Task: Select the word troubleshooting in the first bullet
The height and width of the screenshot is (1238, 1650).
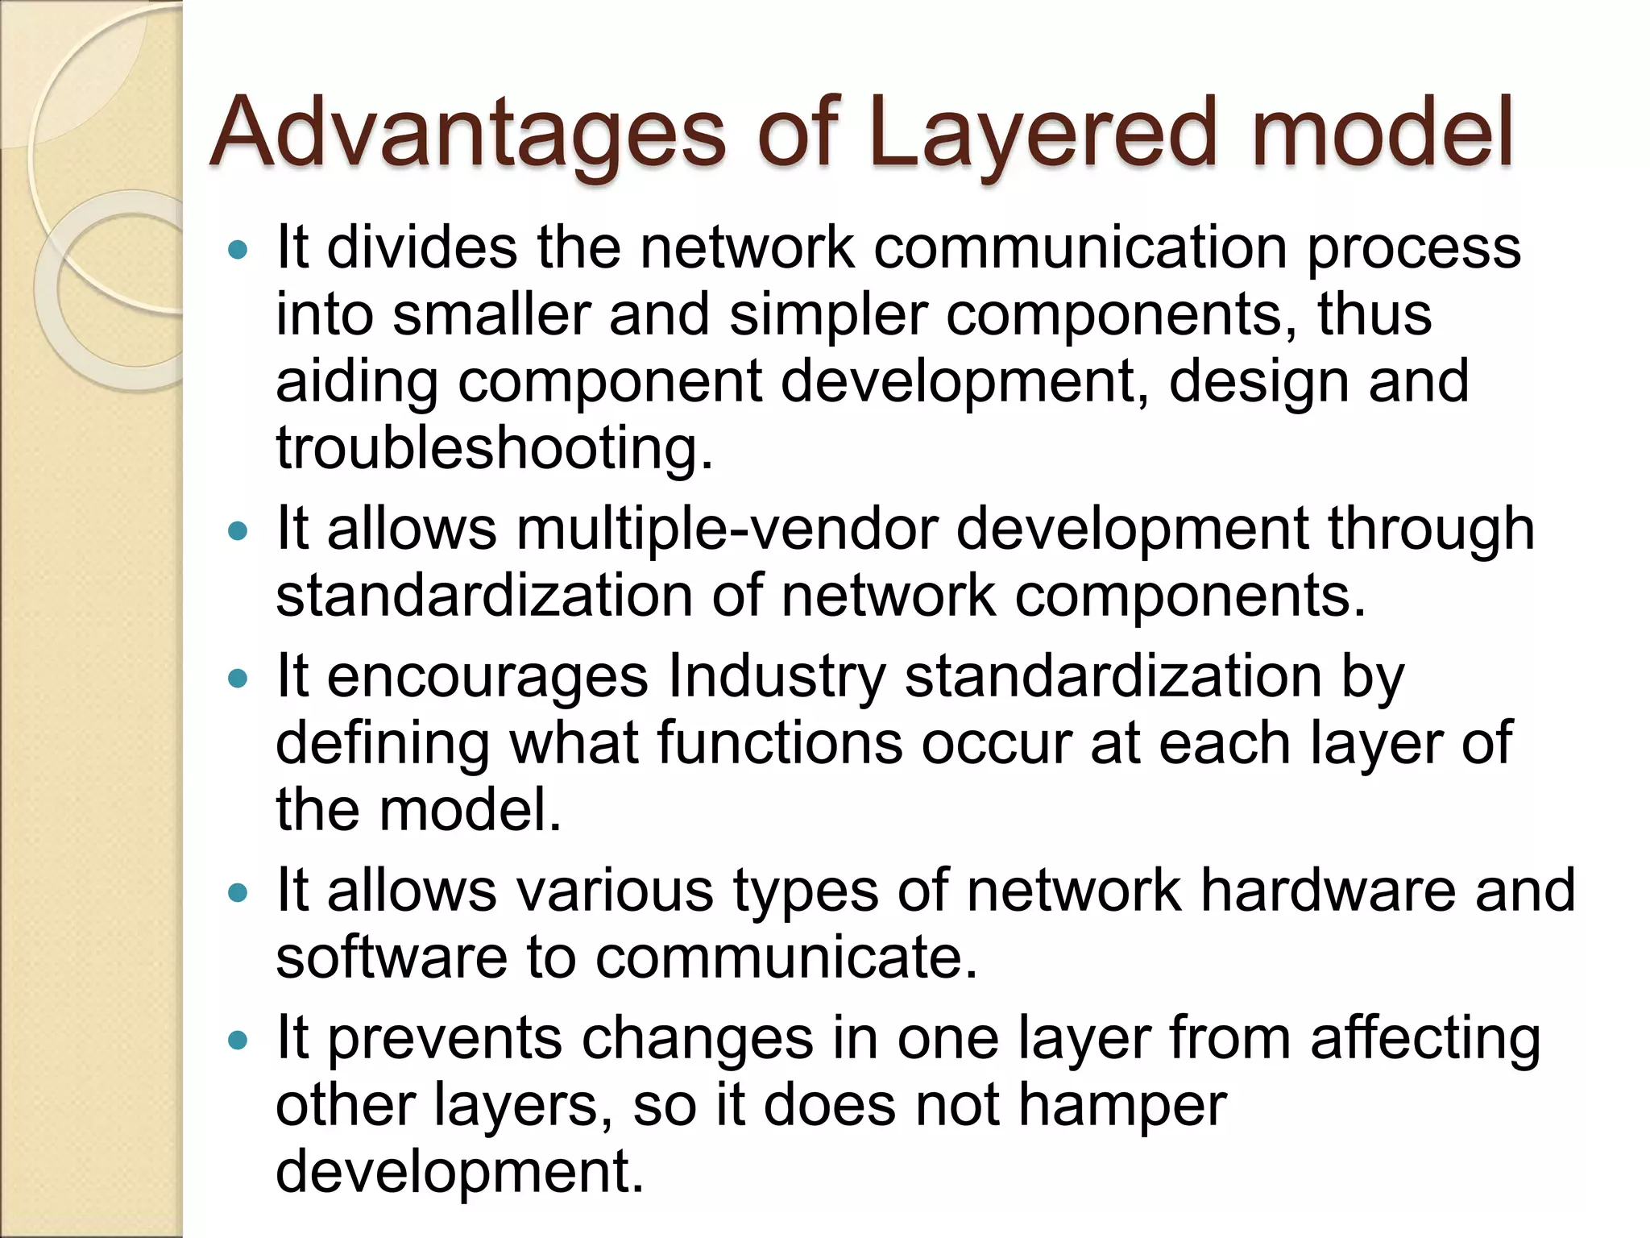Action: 493,448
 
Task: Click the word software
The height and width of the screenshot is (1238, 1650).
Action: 392,957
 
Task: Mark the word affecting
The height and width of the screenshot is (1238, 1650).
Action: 1424,1038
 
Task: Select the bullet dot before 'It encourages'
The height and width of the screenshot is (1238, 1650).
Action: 238,679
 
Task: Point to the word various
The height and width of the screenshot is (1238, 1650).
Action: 614,890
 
